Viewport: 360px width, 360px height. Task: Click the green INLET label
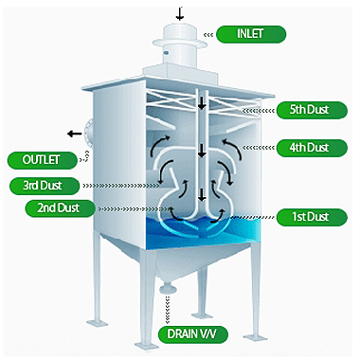(x=251, y=34)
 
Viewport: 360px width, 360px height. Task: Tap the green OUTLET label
(x=42, y=160)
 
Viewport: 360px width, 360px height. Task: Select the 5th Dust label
(x=312, y=110)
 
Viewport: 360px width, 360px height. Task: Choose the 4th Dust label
(x=312, y=148)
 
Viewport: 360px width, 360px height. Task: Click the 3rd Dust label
(x=45, y=186)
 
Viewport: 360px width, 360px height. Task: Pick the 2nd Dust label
(x=60, y=208)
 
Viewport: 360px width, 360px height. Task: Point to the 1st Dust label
(x=312, y=217)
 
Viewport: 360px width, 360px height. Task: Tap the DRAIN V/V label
(x=193, y=334)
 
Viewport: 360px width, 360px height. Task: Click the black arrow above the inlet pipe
(x=180, y=14)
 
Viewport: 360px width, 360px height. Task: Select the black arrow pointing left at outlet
(x=74, y=134)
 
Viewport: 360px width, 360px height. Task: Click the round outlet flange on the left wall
(x=88, y=133)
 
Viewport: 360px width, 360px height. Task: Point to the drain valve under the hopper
(x=167, y=289)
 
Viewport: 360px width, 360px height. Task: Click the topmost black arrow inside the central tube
(x=202, y=103)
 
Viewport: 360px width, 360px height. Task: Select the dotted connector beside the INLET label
(x=208, y=35)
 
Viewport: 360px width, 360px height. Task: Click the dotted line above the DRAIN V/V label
(x=167, y=310)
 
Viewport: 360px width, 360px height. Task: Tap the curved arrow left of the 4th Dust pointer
(x=232, y=148)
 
